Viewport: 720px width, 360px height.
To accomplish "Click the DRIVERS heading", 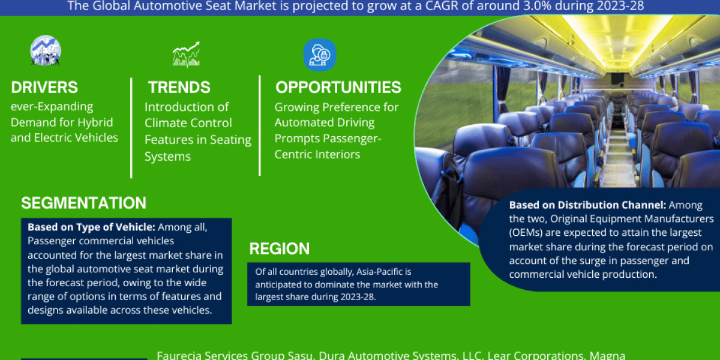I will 44,88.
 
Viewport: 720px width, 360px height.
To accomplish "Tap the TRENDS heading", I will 179,88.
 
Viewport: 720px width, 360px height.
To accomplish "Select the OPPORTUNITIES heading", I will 338,88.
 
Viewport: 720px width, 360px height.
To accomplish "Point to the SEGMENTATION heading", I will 83,203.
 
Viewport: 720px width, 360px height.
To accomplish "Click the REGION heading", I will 280,248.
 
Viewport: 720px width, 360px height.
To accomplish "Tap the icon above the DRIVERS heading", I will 46,50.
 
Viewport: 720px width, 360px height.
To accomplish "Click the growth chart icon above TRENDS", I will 186,55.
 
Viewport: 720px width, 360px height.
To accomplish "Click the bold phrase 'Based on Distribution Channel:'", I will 587,205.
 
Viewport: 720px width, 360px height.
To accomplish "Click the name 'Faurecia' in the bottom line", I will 178,355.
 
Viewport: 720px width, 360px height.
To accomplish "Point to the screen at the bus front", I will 616,79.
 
